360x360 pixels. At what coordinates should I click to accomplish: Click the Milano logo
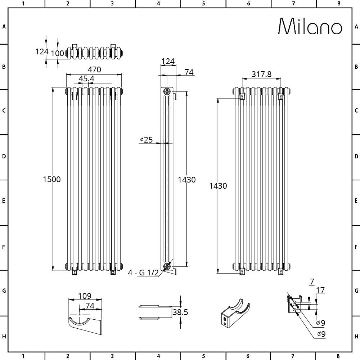point(310,26)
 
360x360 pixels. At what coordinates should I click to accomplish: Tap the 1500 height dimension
point(52,179)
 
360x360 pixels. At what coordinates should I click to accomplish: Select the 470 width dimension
point(94,69)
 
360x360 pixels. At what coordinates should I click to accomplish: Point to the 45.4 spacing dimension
point(86,78)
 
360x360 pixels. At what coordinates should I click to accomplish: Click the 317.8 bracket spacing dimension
point(261,74)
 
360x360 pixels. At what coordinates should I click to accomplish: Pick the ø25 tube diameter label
point(146,140)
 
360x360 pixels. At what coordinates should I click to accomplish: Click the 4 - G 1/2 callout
point(143,273)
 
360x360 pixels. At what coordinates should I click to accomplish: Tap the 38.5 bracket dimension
point(180,312)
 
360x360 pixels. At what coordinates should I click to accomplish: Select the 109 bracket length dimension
point(85,296)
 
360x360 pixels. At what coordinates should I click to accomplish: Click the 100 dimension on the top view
point(57,53)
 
